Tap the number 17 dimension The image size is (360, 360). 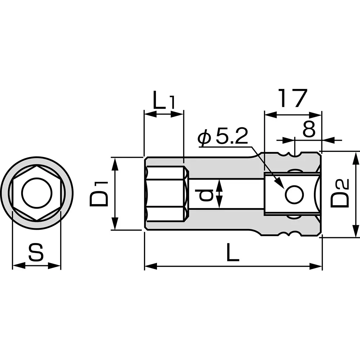[x=292, y=99]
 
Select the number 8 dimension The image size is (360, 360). [x=309, y=130]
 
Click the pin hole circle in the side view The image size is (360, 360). [x=294, y=195]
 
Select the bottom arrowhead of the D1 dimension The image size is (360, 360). [x=115, y=225]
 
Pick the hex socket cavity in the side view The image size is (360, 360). [x=166, y=193]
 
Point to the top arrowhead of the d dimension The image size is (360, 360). [x=220, y=184]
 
